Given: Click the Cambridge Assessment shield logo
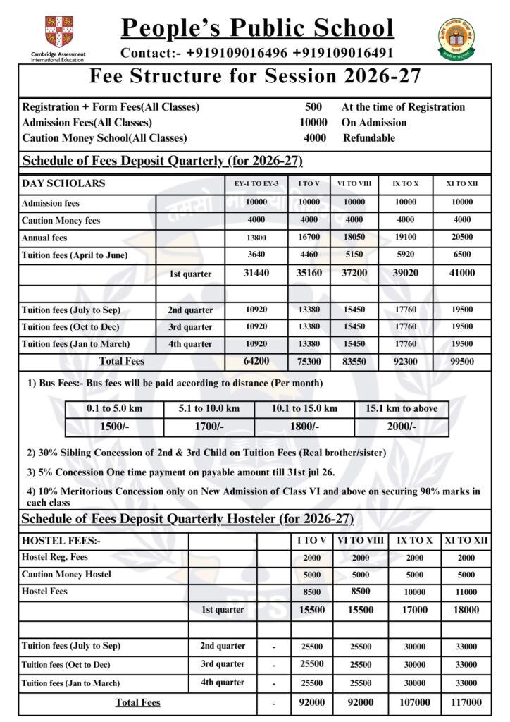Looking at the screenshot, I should (x=58, y=32).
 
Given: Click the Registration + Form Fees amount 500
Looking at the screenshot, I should (x=313, y=107).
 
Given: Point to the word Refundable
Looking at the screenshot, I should (x=369, y=138).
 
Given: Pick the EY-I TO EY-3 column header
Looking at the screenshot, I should (x=256, y=184).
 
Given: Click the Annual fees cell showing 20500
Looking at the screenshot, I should (x=463, y=238).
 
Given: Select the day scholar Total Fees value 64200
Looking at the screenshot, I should (x=256, y=362).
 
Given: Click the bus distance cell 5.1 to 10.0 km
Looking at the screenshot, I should (x=209, y=408).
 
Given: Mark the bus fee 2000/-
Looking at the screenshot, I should (x=402, y=427).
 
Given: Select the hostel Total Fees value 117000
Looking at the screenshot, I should (x=462, y=702).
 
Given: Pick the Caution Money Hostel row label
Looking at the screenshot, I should (x=66, y=575).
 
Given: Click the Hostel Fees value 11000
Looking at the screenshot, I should (x=462, y=592).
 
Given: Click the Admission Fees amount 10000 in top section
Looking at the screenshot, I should (x=309, y=123).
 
